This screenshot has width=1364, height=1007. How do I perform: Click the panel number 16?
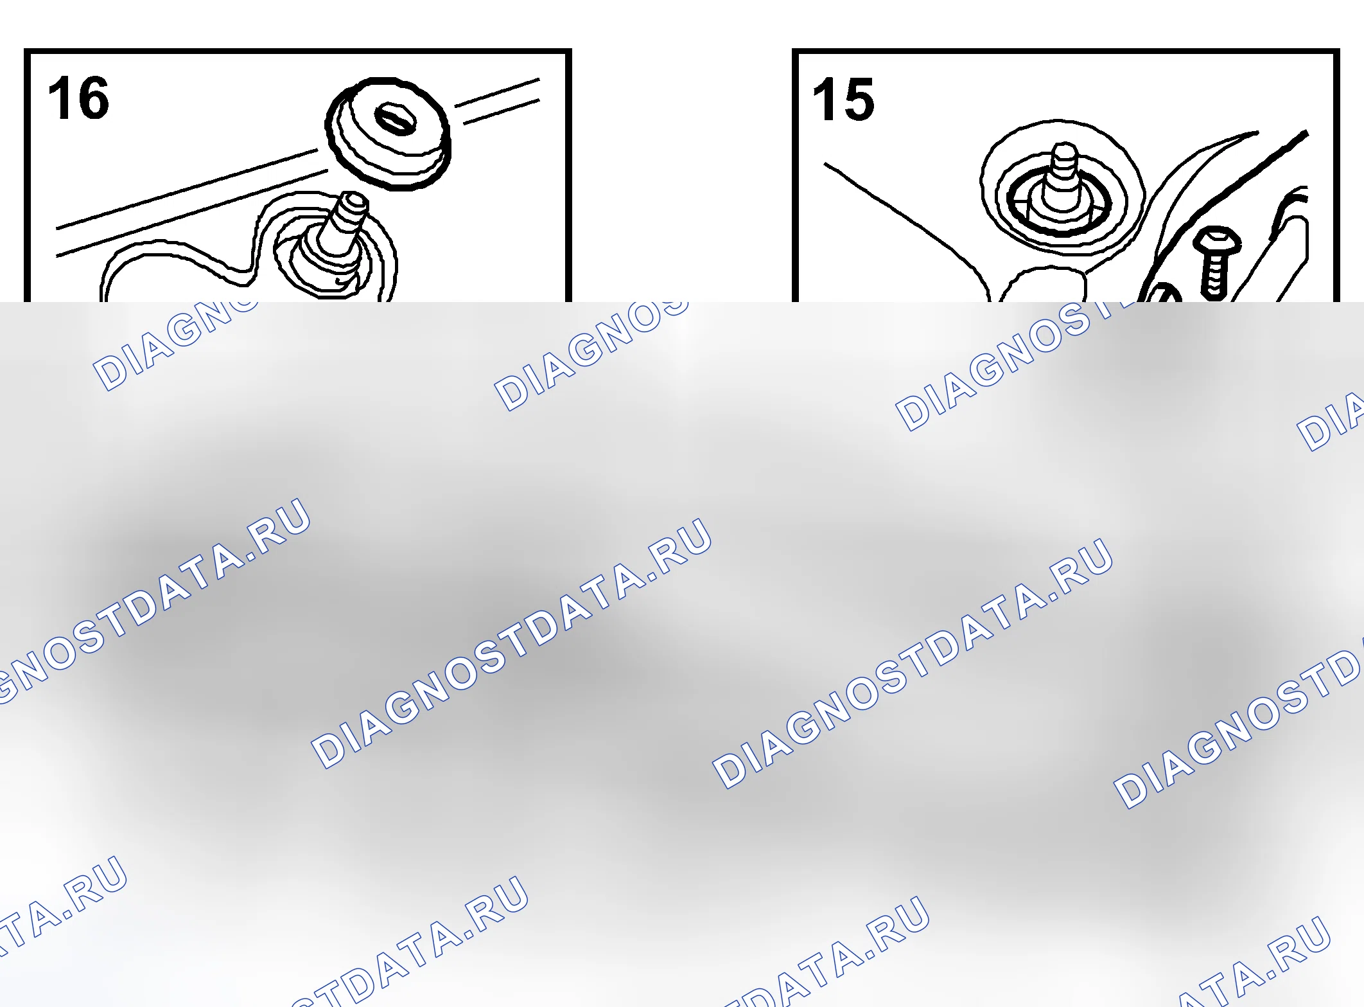pyautogui.click(x=78, y=98)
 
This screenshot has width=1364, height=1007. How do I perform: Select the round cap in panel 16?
pyautogui.click(x=388, y=133)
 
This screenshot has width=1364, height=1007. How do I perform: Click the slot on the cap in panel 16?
pyautogui.click(x=396, y=120)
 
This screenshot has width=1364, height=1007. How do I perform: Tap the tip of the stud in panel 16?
pyautogui.click(x=354, y=201)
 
